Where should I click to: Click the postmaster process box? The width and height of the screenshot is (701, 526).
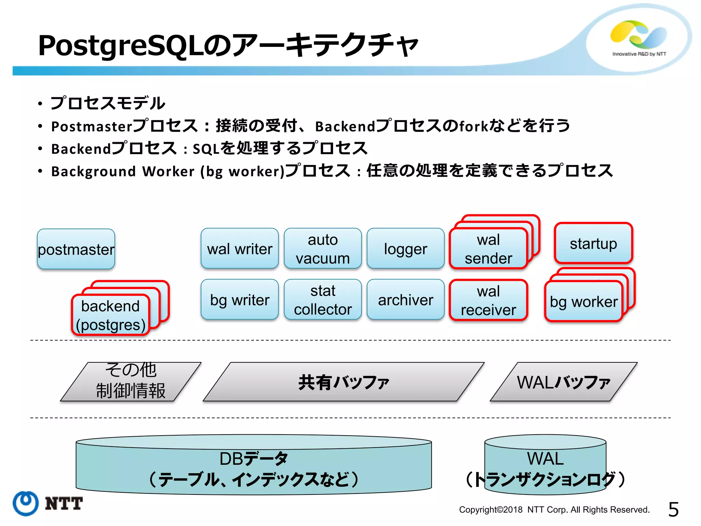[x=76, y=249]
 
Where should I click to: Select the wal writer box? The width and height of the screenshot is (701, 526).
[x=240, y=248]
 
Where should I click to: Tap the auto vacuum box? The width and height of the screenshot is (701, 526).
[x=323, y=248]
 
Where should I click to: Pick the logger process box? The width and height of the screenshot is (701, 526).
[x=406, y=248]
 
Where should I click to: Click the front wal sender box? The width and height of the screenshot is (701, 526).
[x=488, y=249]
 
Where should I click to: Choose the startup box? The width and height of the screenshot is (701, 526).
[x=593, y=243]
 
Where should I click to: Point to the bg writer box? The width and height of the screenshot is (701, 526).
[x=240, y=300]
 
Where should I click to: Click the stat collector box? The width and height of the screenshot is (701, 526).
[x=323, y=300]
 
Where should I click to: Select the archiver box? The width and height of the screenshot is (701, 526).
[x=406, y=300]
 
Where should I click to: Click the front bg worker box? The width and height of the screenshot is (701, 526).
[x=584, y=301]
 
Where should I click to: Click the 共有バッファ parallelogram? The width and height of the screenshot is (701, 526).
[x=343, y=382]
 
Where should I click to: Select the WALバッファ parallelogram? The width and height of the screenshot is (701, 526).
[x=563, y=382]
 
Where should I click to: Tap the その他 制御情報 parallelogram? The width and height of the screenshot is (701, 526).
[x=130, y=382]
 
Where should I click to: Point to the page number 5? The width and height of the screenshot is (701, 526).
[x=673, y=509]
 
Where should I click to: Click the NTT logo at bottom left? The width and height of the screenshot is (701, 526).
[x=48, y=503]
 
